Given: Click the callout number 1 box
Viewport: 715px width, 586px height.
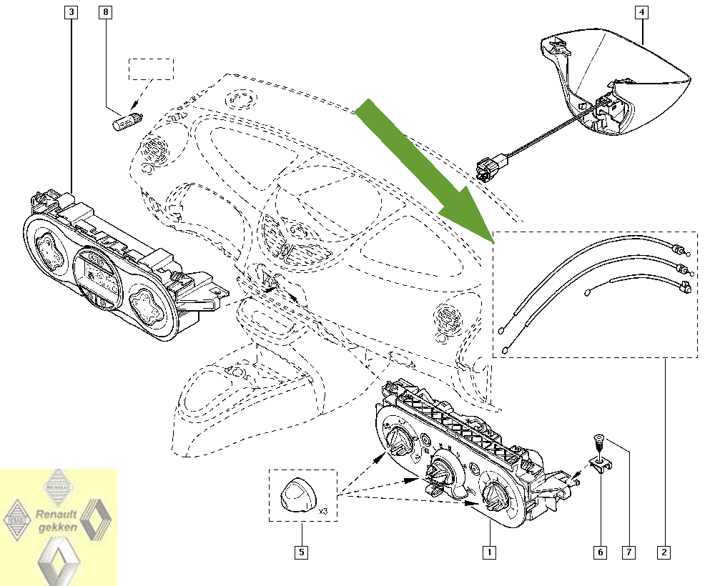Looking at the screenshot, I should click(489, 552).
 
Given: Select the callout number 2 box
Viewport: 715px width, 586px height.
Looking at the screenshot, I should click(664, 552).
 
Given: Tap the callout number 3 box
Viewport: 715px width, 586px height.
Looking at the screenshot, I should click(72, 12).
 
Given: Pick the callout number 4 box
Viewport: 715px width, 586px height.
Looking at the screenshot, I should click(642, 12).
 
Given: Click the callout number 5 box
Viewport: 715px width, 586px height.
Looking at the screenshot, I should click(302, 552).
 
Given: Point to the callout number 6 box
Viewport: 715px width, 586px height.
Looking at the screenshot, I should click(599, 552).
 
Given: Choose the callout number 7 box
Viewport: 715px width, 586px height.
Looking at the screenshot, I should click(629, 552).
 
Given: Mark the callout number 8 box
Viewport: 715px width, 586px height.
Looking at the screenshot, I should click(106, 12).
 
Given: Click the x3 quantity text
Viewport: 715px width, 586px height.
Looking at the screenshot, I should click(322, 512).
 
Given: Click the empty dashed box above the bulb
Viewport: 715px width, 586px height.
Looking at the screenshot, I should click(151, 69).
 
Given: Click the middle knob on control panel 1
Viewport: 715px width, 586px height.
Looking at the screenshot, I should click(439, 472).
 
